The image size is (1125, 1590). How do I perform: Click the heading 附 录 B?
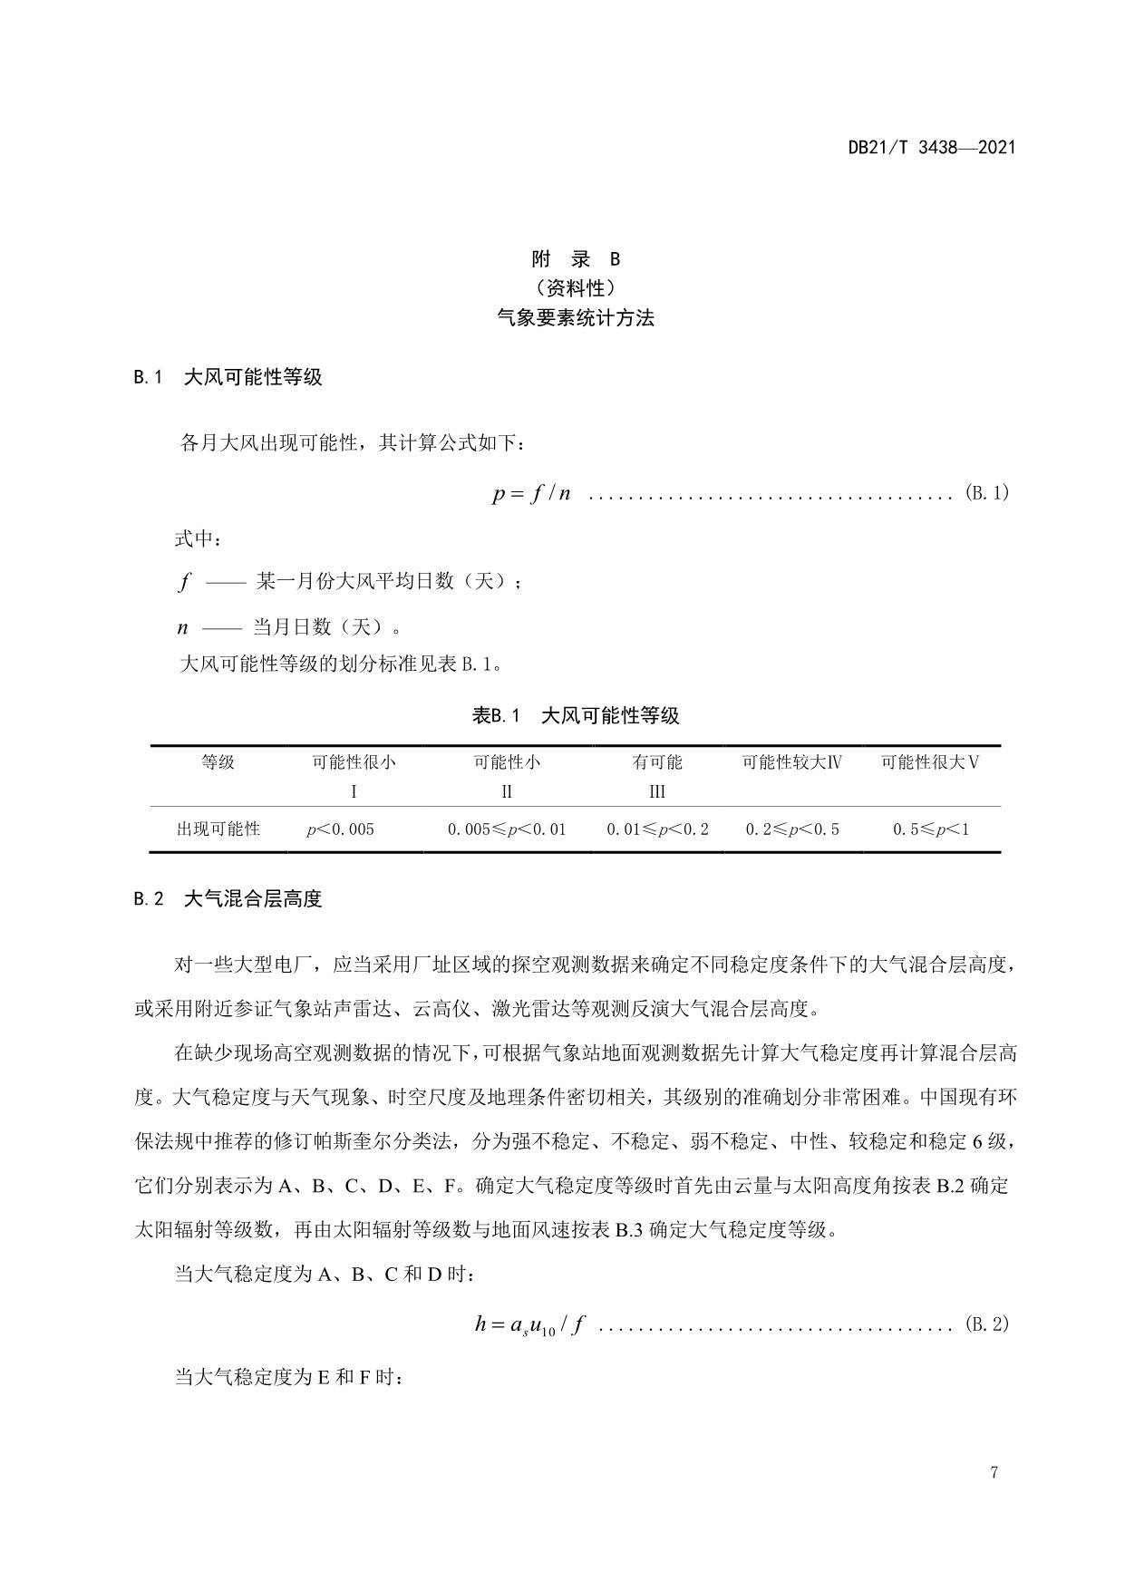(576, 259)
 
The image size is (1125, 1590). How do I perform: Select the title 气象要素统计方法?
(576, 318)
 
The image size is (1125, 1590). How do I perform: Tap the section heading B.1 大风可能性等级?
(228, 377)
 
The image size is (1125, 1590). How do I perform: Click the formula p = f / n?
(531, 494)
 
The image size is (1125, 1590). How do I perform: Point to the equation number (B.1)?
(987, 494)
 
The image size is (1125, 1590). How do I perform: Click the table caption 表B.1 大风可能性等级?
(576, 715)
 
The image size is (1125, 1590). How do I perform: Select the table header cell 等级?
(218, 762)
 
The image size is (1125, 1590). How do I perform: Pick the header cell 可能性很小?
(354, 762)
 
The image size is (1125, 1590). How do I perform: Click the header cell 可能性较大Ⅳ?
(792, 762)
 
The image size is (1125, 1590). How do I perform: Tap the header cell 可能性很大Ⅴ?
(930, 762)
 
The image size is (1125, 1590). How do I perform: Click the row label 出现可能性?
(218, 829)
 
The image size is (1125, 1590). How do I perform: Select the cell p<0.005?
(340, 829)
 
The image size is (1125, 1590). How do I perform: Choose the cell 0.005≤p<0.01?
(507, 829)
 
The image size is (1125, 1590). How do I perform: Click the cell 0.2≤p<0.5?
(792, 829)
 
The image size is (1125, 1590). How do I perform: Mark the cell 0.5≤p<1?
(931, 829)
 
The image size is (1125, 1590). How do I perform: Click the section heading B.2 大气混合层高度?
(228, 899)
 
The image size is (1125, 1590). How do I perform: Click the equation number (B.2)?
(987, 1324)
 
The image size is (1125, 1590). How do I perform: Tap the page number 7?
(994, 1472)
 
